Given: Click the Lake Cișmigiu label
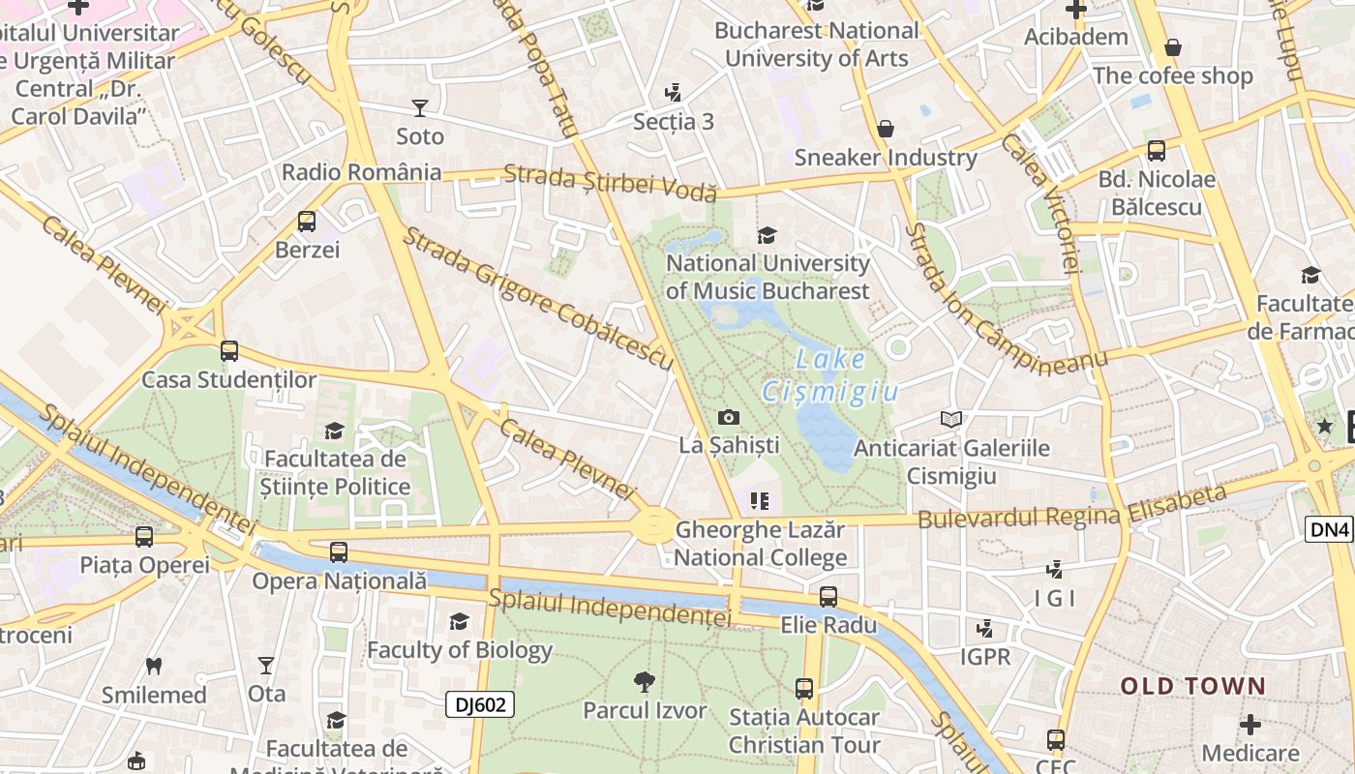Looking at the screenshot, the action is [x=830, y=375].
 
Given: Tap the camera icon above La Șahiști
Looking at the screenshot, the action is [x=729, y=417].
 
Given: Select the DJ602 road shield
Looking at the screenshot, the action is [x=480, y=704].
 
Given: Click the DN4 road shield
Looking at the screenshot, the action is [x=1330, y=529].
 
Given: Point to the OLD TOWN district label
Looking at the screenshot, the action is [x=1192, y=686].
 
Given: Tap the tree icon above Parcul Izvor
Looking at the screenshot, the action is [x=644, y=682].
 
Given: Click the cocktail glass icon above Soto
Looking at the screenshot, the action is [x=420, y=107].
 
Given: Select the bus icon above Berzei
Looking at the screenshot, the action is [x=307, y=222].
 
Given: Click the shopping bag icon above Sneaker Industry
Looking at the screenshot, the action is [x=885, y=129].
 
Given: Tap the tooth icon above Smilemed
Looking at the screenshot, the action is [x=153, y=666].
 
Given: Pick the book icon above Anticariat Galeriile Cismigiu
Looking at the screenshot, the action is [x=951, y=419].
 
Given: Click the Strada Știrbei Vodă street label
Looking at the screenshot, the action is [x=611, y=181].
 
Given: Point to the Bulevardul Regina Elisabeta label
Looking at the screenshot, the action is [x=1071, y=507].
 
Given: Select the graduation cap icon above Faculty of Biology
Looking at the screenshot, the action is [x=459, y=621].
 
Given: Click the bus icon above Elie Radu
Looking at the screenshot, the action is [x=828, y=596].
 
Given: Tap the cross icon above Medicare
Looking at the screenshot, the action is [x=1250, y=724].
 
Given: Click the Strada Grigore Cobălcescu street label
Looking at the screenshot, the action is [x=537, y=299].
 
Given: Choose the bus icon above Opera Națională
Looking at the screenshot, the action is [x=339, y=552].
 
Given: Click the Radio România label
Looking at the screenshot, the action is [x=361, y=172].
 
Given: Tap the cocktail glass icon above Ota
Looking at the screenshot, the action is [x=266, y=666].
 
